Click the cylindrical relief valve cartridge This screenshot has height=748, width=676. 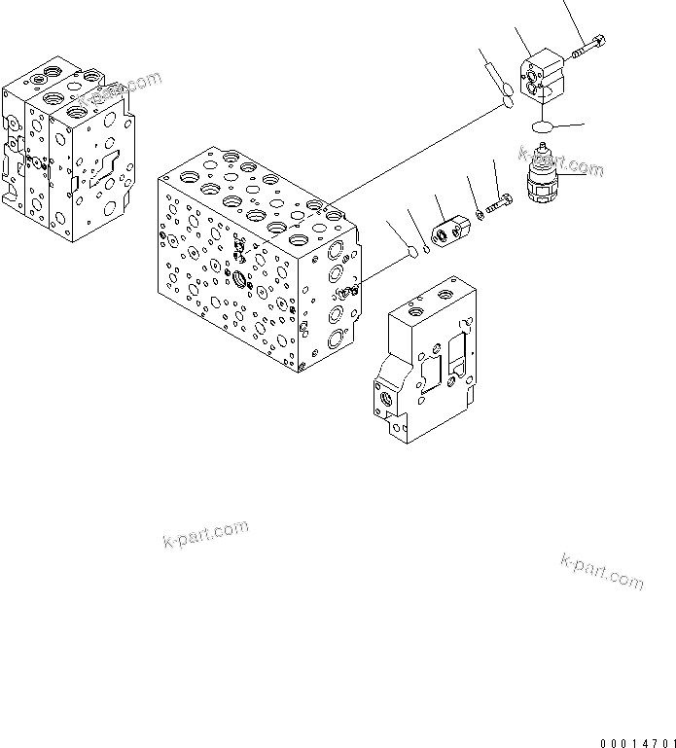click(550, 180)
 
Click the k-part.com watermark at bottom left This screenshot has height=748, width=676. click(204, 533)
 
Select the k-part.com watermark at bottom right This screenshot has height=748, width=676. click(602, 571)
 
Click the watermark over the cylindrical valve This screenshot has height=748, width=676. click(560, 162)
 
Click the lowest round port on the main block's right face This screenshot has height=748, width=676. click(336, 339)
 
